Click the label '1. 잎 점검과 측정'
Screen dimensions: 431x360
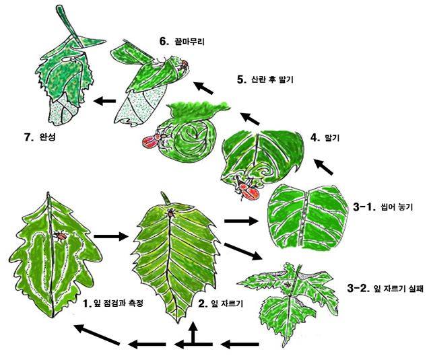(x=113, y=303)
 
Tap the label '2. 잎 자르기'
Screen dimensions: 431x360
(x=221, y=303)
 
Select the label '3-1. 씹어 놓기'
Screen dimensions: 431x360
(x=383, y=207)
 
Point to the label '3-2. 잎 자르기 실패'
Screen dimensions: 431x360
(x=385, y=289)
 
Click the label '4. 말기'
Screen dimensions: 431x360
(x=325, y=137)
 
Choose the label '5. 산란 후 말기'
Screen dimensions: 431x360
(x=265, y=79)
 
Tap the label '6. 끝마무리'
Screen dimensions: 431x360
(x=182, y=42)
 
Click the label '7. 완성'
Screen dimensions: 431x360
(x=40, y=137)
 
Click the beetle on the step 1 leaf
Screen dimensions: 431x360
(x=60, y=236)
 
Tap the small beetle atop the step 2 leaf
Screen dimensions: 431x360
(x=171, y=212)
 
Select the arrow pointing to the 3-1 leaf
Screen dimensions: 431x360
(x=242, y=220)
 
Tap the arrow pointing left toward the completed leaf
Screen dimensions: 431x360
(x=105, y=101)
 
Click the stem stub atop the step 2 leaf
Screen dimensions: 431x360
(x=166, y=199)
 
